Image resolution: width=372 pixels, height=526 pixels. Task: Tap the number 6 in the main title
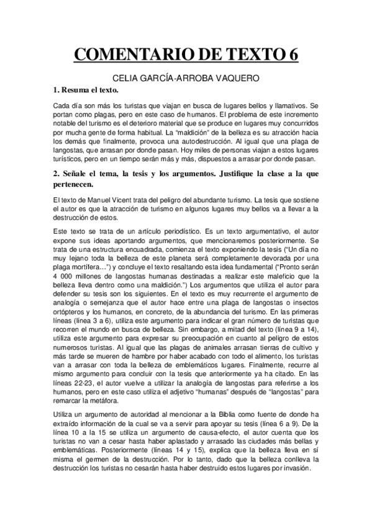(292, 55)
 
